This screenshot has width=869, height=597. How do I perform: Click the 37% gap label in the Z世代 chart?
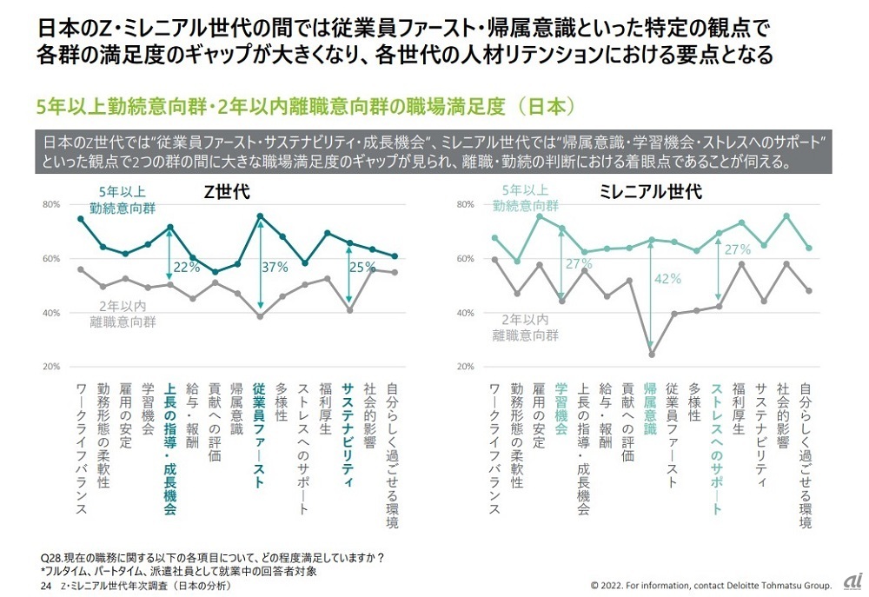pos(275,269)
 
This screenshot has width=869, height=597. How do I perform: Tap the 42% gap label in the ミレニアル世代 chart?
pos(668,279)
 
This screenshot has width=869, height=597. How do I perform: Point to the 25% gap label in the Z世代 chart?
pos(362,267)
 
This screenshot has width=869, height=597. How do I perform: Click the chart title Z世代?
pos(227,193)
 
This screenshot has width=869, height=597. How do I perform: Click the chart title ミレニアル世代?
pos(651,193)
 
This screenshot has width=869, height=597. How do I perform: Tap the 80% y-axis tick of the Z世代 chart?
pos(50,205)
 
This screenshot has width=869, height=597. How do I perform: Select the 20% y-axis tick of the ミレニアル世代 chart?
pos(465,366)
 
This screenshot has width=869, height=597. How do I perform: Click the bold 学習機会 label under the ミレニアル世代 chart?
pos(561,409)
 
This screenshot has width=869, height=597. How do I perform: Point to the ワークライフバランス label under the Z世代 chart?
pos(82,448)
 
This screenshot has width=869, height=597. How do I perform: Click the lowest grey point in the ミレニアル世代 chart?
pos(652,354)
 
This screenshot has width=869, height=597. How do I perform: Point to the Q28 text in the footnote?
pos(53,557)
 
